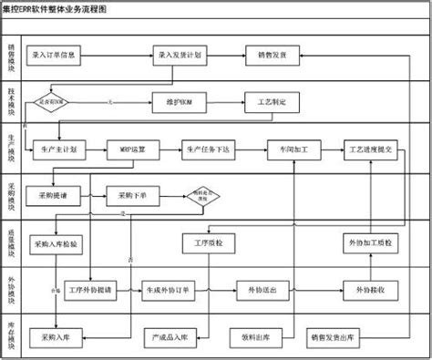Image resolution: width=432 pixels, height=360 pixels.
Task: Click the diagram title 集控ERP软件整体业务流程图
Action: tap(55, 6)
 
